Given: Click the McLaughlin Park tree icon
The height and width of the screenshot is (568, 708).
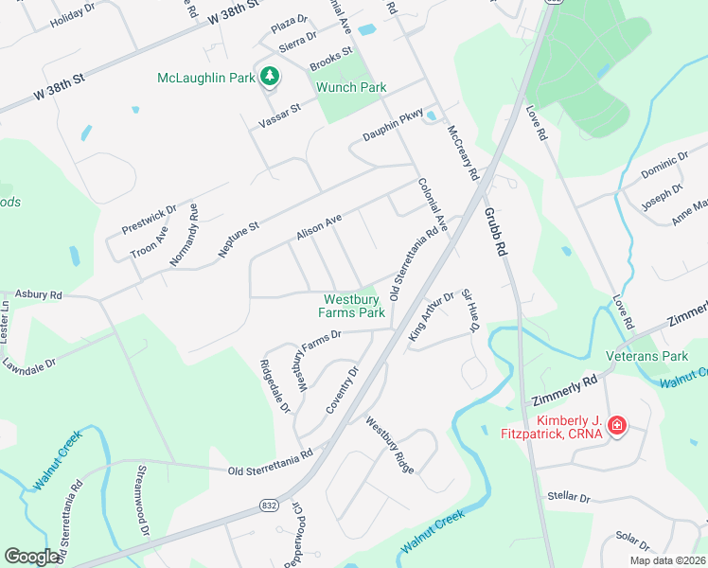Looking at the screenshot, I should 270,76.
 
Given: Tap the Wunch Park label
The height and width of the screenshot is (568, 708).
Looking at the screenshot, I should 351,87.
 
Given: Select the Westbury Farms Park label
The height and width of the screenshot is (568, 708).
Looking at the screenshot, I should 351,306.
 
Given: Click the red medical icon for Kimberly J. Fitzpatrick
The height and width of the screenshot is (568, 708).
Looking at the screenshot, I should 617,426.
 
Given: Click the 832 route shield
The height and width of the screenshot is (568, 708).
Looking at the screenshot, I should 269,507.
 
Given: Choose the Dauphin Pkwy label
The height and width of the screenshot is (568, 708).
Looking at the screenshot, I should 393,130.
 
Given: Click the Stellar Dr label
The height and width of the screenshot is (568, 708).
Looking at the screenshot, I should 569,497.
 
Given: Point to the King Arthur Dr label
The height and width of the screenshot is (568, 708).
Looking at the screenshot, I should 432,316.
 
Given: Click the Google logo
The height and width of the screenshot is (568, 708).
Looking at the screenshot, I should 31,556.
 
